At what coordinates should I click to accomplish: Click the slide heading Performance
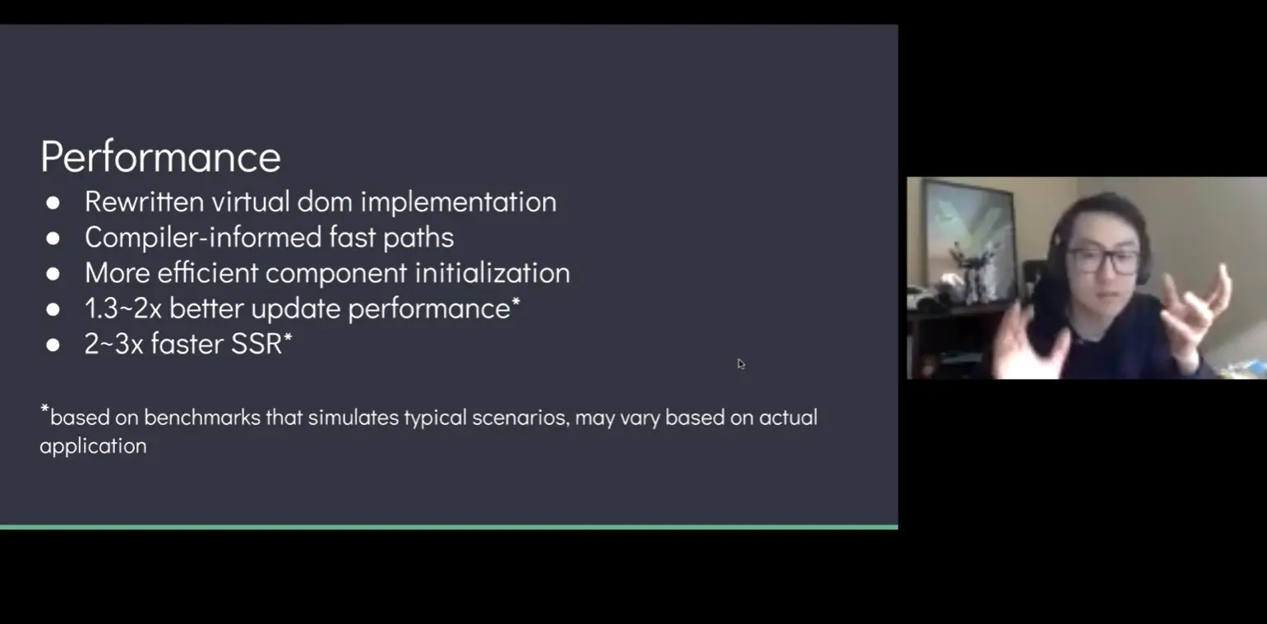coord(160,157)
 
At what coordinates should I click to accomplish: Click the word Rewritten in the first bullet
coord(144,201)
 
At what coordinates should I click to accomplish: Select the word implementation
coord(458,202)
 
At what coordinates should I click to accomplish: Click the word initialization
coord(492,273)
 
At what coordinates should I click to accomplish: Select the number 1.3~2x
coord(123,308)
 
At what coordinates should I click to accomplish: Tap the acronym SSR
coord(257,344)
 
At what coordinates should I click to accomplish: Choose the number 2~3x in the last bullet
coord(113,344)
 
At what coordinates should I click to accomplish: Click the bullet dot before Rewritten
coord(53,203)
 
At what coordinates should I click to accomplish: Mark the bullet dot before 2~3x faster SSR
coord(53,345)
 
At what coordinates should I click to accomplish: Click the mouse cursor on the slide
coord(741,363)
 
